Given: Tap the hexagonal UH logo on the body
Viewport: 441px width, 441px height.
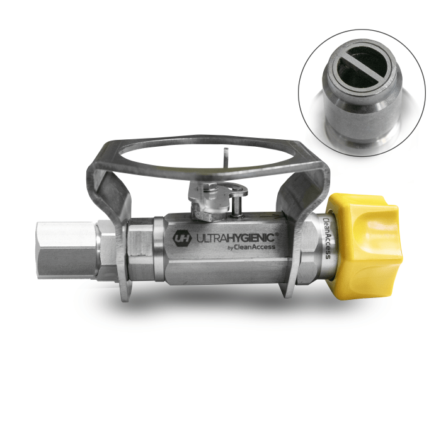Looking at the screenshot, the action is (x=182, y=239).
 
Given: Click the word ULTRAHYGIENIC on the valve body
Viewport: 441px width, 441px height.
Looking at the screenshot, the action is (x=236, y=238).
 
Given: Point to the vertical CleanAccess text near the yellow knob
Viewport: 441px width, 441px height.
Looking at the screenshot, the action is (x=327, y=238).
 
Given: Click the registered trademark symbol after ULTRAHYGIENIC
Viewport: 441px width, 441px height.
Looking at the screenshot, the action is (x=277, y=234).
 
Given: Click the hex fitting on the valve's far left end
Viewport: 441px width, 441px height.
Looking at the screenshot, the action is (x=67, y=250).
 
